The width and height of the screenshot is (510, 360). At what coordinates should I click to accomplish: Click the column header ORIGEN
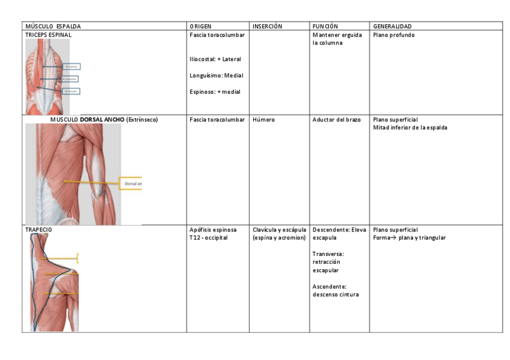point(200,26)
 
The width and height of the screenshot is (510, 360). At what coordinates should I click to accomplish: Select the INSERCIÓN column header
point(267,26)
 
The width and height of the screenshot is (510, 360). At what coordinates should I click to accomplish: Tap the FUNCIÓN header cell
point(325,26)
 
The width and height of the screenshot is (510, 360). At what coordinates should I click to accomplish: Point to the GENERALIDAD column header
point(392,26)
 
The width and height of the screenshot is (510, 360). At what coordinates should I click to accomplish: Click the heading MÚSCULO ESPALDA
point(53,26)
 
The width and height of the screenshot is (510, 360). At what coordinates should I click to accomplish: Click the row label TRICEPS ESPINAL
point(48,35)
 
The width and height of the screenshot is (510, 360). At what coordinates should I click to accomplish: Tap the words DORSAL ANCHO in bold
point(102,120)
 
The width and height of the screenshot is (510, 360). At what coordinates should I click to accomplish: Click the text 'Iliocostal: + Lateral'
point(215,59)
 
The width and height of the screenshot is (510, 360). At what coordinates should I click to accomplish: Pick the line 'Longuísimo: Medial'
point(216,76)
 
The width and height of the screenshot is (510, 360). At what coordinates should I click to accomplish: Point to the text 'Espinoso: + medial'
point(215,91)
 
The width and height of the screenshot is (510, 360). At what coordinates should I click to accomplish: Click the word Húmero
point(263,120)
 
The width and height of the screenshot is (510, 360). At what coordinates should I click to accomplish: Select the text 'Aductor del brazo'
point(337,120)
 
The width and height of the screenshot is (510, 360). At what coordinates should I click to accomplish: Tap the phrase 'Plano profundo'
point(394,35)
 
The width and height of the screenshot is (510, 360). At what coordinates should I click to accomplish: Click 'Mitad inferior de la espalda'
point(410,127)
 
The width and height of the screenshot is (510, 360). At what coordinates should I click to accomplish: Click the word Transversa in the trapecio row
point(328,254)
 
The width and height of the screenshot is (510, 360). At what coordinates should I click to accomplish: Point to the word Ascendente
point(329,286)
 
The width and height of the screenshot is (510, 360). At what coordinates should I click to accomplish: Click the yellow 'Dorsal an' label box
point(131,183)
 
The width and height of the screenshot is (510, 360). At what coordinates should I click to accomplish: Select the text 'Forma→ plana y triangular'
point(410,237)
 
